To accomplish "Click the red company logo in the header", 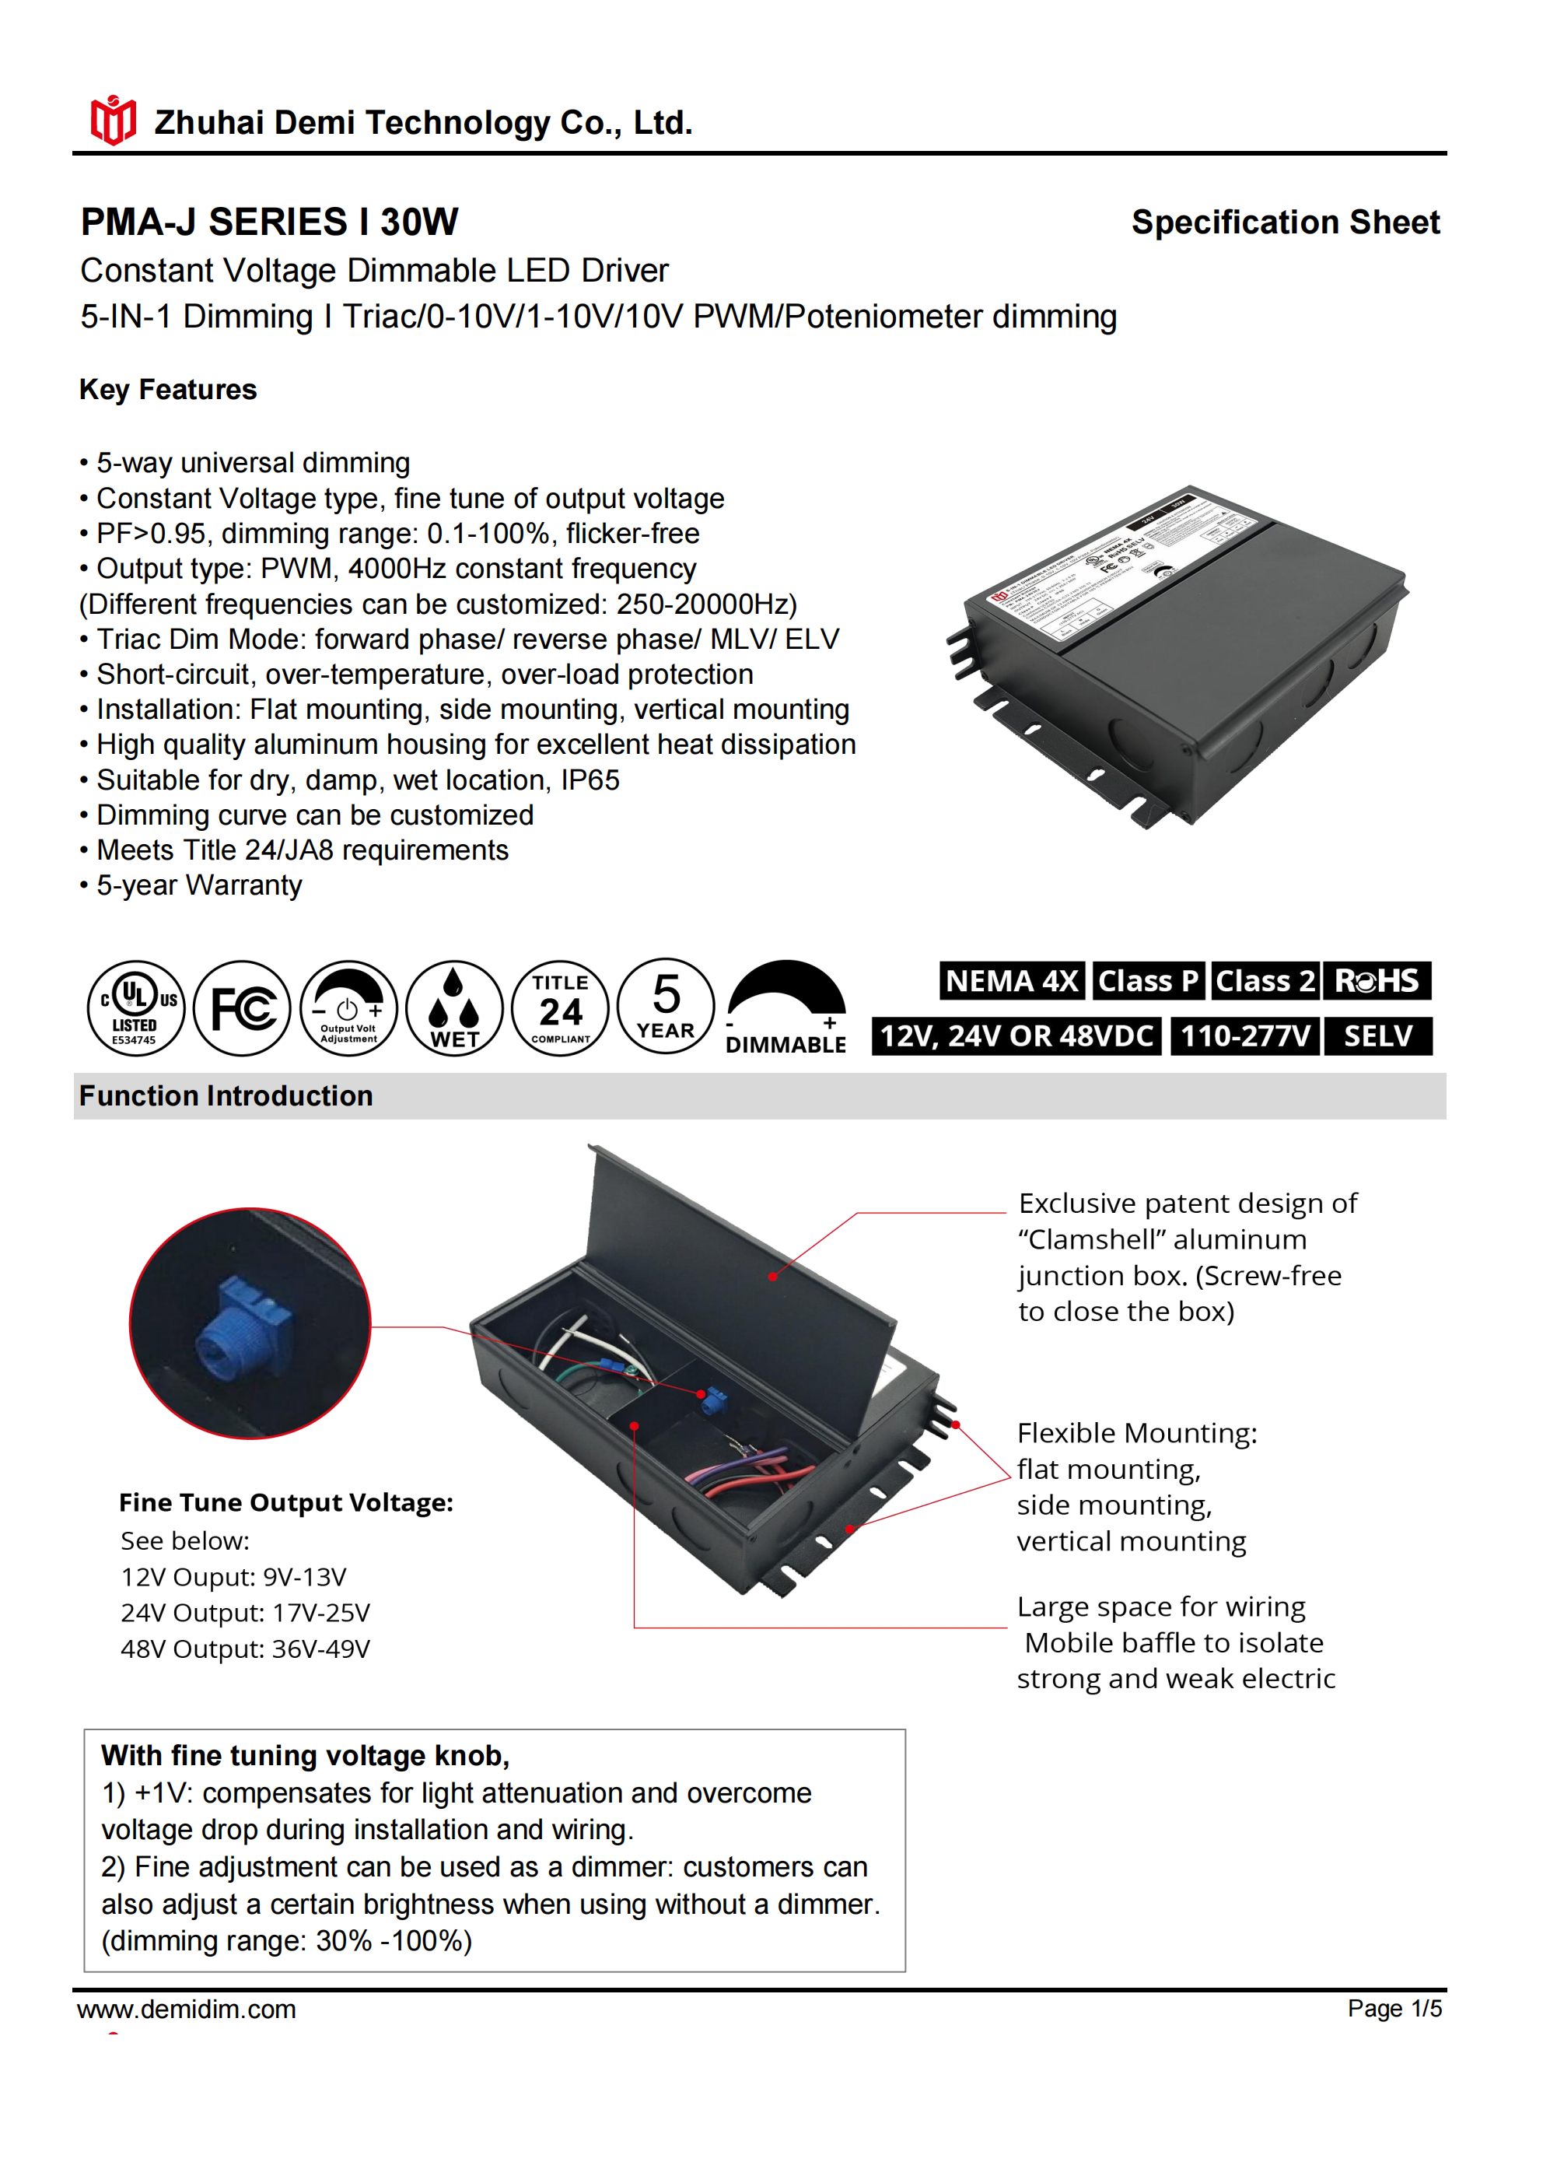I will [112, 120].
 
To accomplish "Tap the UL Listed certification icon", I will [136, 1007].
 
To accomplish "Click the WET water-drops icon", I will [453, 1007].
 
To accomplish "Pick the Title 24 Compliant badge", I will [560, 1007].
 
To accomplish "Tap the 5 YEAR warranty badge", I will [666, 1006].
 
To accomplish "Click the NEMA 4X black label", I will [1012, 980].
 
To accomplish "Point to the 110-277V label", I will [1245, 1035].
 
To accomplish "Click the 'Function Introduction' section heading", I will [226, 1095].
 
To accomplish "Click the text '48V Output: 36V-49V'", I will [245, 1649].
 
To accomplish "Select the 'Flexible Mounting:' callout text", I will [1136, 1433].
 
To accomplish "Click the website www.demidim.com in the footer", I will [187, 2009].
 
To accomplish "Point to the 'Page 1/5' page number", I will [1394, 2008].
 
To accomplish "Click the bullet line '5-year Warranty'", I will [198, 885].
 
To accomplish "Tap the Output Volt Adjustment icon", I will [348, 1007].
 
